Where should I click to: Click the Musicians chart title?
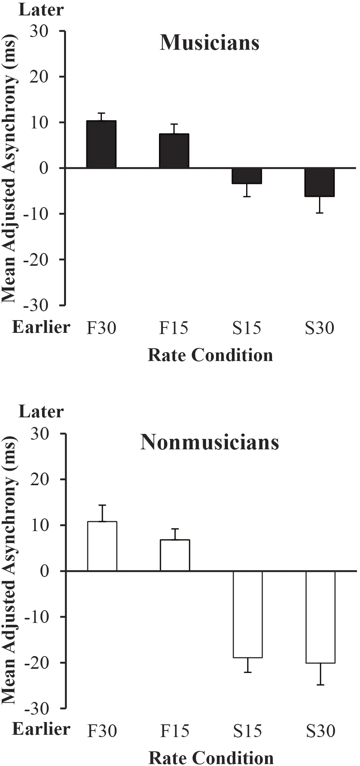click(x=210, y=43)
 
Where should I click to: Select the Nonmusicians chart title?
click(x=210, y=442)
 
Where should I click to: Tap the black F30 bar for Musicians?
click(x=101, y=144)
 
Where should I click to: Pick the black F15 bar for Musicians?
click(x=174, y=151)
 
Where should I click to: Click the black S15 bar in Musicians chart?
click(x=247, y=176)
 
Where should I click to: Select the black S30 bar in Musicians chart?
click(x=319, y=182)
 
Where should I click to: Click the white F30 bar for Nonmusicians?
click(x=102, y=546)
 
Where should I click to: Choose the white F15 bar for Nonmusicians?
click(x=175, y=555)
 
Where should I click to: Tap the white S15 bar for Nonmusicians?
click(x=248, y=614)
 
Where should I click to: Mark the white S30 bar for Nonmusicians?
click(x=321, y=617)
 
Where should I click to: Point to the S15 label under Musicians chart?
click(x=247, y=328)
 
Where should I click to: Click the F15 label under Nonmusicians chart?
click(x=174, y=731)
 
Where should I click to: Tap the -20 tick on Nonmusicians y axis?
click(x=36, y=663)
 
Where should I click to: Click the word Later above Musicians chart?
click(x=41, y=10)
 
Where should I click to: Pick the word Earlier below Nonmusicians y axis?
click(x=41, y=729)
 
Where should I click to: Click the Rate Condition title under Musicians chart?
click(x=210, y=355)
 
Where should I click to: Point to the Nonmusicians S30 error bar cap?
click(x=321, y=685)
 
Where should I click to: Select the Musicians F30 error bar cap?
click(x=101, y=113)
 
